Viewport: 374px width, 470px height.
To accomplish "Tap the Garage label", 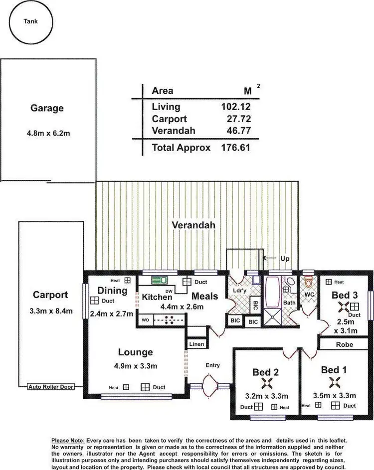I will [x=47, y=108].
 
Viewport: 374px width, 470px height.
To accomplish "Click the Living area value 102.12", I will [x=235, y=106].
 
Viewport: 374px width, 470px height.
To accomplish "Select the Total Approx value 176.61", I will [x=235, y=148].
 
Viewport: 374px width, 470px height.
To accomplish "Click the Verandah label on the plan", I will [x=193, y=225].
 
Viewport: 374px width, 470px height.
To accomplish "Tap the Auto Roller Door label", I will [x=51, y=386].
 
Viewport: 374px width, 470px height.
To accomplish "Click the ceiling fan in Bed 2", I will [x=265, y=383].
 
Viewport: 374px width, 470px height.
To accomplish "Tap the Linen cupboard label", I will [x=195, y=344].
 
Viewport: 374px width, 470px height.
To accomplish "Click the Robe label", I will [x=344, y=344].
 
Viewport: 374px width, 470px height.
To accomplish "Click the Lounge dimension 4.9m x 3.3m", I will [x=135, y=366].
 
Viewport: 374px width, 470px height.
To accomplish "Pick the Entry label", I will [x=212, y=365].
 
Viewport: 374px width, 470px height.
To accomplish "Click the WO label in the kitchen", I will [x=146, y=319].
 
